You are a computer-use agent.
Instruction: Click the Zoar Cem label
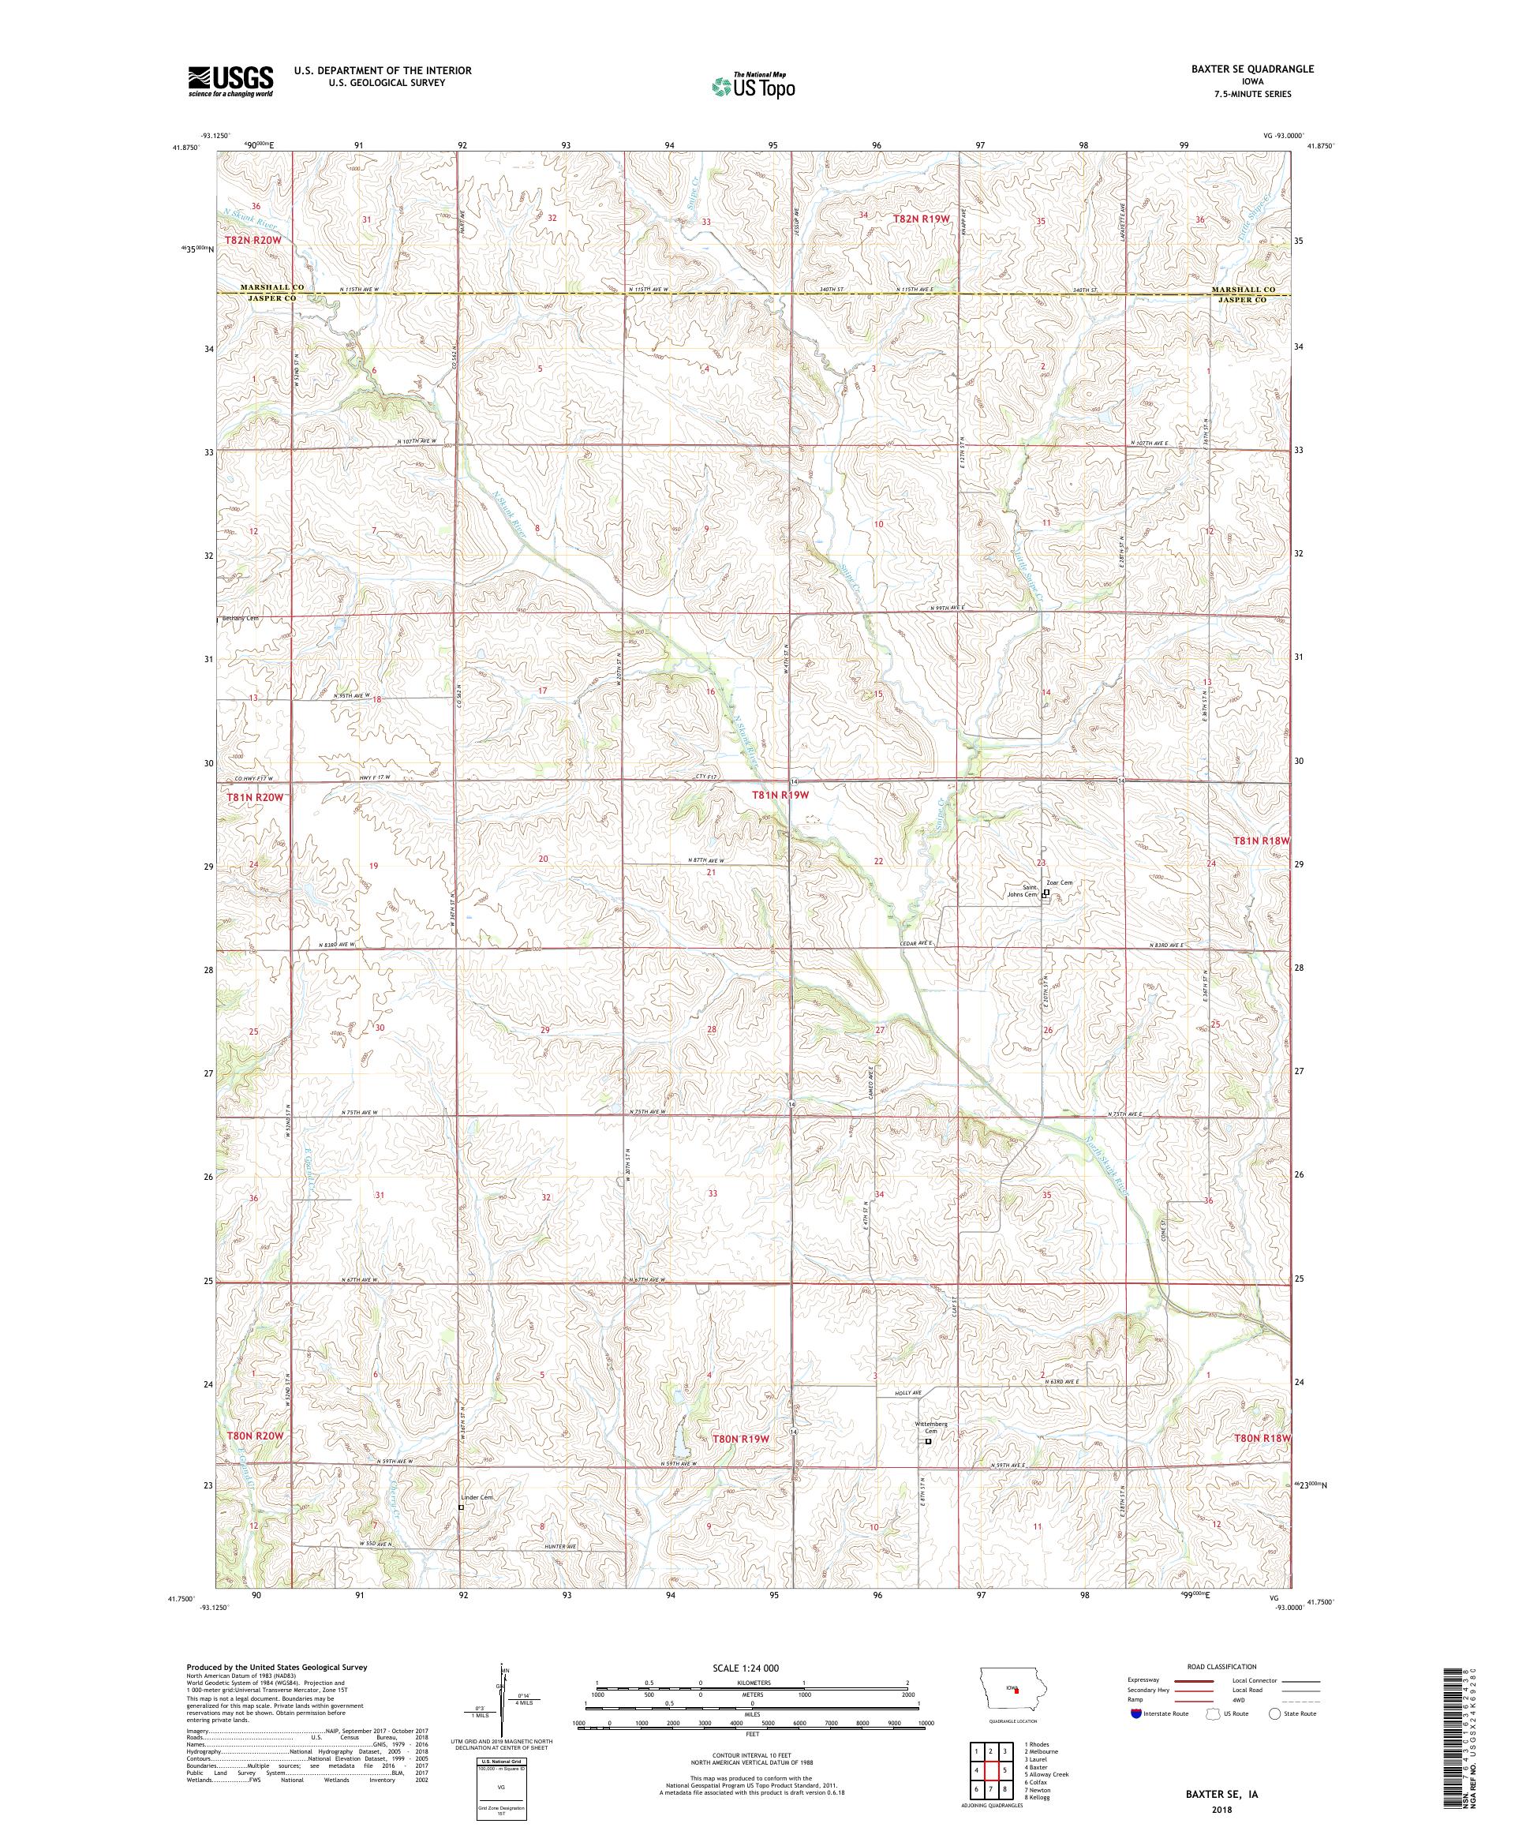point(1059,882)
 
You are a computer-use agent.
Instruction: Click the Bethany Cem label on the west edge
point(241,619)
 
